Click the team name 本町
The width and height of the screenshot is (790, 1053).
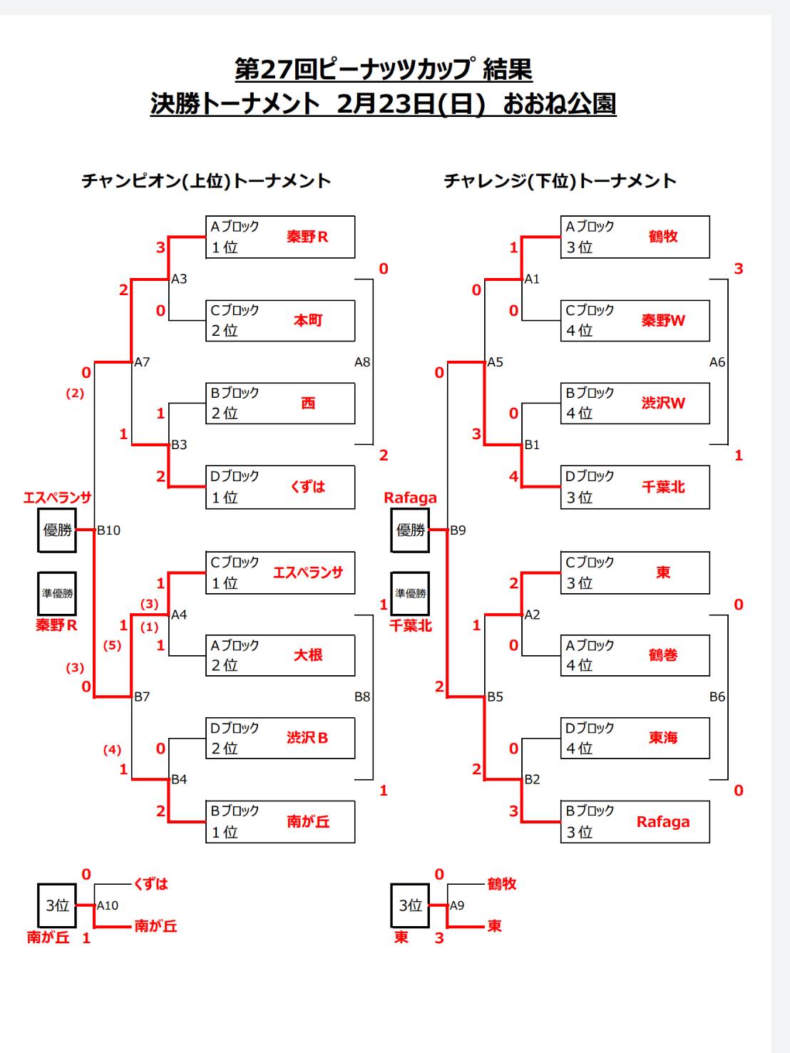[308, 320]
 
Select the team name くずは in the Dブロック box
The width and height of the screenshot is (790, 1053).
[308, 487]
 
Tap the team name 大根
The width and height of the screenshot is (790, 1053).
[308, 654]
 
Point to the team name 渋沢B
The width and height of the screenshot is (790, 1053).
[307, 738]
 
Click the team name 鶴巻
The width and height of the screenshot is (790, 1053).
[663, 654]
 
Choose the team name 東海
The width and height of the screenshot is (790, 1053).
[663, 738]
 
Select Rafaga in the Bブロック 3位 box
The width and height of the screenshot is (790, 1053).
[663, 821]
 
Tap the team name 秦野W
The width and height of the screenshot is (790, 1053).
[663, 320]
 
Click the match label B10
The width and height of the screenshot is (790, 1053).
[109, 530]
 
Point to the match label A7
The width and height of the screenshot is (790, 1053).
[142, 362]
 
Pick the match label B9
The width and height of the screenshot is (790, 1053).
[458, 530]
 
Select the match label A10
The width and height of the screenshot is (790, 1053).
[108, 905]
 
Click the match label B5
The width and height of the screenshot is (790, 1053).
[495, 697]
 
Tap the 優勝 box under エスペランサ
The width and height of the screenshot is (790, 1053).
[57, 530]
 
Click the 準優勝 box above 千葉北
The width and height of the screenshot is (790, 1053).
[410, 593]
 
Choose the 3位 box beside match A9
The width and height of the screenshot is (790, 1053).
[410, 905]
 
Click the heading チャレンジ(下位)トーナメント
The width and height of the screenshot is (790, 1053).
[560, 181]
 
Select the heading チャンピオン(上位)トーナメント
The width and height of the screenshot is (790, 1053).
[206, 181]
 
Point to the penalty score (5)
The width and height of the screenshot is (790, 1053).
[112, 645]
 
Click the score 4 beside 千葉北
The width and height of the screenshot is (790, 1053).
[513, 476]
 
